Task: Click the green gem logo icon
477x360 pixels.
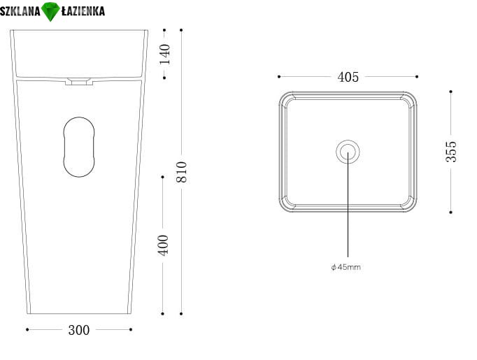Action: (x=50, y=12)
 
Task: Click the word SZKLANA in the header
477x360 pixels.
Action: (x=20, y=12)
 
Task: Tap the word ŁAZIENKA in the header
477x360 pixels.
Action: (x=83, y=11)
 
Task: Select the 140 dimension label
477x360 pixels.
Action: (x=165, y=54)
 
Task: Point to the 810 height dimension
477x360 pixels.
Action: (x=181, y=172)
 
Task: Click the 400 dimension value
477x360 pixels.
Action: (x=163, y=245)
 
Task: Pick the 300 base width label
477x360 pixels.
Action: (x=79, y=330)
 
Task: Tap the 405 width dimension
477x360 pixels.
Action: (x=348, y=77)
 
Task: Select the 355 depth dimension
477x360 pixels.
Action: (x=451, y=152)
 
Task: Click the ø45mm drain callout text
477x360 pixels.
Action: (x=346, y=267)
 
